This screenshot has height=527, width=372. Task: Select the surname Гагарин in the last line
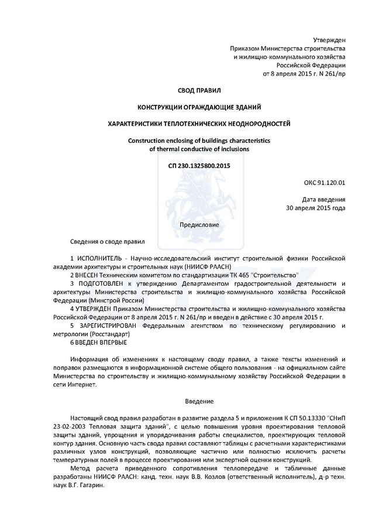[88, 485]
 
